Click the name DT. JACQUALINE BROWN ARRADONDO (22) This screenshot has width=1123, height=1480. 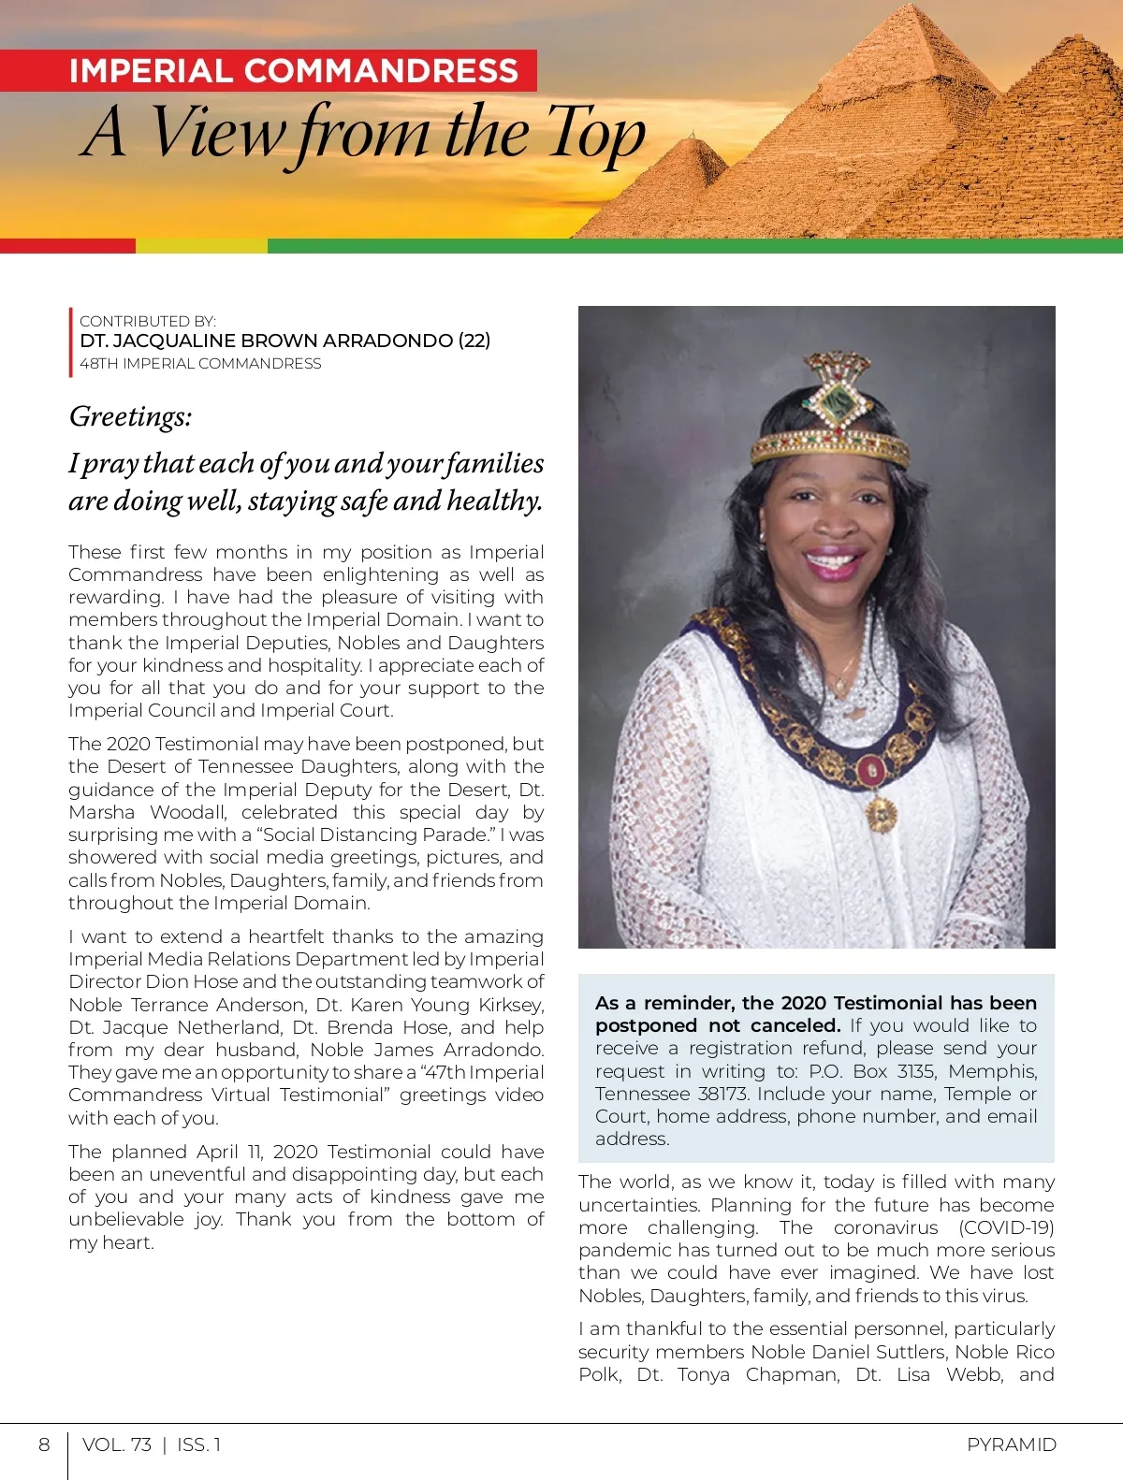click(284, 341)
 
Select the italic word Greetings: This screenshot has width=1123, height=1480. click(130, 416)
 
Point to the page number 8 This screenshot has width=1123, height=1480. click(44, 1444)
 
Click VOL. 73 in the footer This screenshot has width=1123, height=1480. click(117, 1444)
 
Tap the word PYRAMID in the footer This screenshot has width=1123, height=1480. click(1011, 1444)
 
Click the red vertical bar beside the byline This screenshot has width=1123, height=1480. click(70, 342)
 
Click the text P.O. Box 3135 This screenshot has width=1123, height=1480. click(875, 1071)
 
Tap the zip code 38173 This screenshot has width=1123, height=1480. click(722, 1094)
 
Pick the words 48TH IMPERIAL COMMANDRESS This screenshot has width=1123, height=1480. click(200, 364)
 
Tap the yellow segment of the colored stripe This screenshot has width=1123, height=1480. click(201, 246)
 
